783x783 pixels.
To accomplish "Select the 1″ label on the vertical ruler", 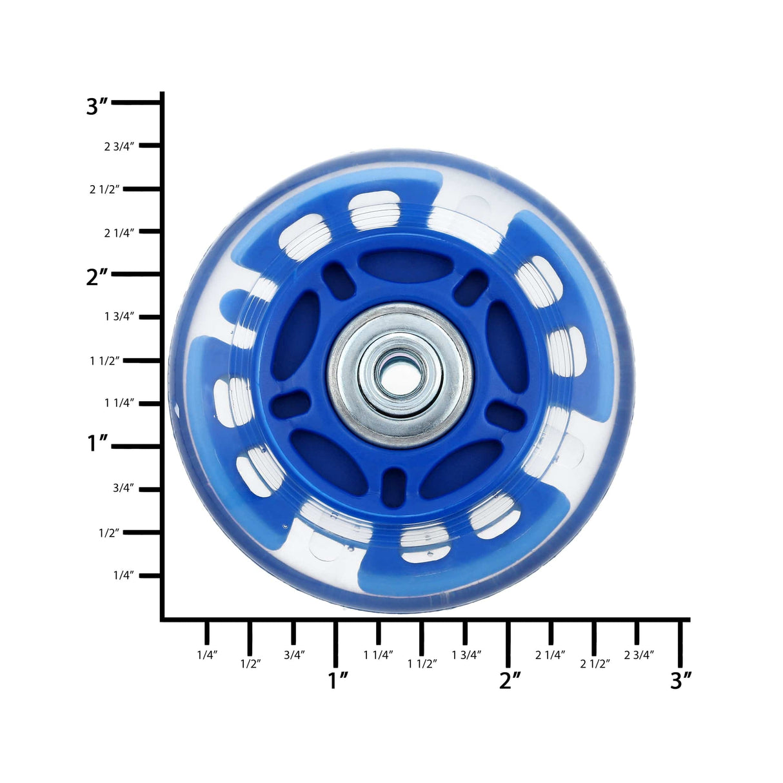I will [99, 443].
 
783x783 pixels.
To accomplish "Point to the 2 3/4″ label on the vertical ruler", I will [119, 146].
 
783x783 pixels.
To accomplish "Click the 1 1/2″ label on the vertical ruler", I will [105, 361].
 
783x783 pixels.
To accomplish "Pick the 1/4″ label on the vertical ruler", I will [124, 575].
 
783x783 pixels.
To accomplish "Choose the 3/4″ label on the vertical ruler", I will [124, 488].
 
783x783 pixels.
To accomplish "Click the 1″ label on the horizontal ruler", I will [338, 680].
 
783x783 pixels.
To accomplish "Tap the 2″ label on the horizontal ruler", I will [510, 680].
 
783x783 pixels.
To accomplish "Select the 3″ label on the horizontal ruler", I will [680, 680].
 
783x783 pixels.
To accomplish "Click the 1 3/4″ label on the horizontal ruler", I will [467, 655].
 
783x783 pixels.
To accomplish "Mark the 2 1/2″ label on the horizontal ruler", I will [595, 664].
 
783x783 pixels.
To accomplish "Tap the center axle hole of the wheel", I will [400, 374].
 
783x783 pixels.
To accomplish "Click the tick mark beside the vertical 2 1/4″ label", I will [150, 231].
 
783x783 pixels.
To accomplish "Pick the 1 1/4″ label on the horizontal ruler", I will [378, 655].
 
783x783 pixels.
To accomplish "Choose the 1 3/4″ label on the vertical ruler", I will [119, 317].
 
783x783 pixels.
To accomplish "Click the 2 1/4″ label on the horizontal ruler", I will [550, 655].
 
